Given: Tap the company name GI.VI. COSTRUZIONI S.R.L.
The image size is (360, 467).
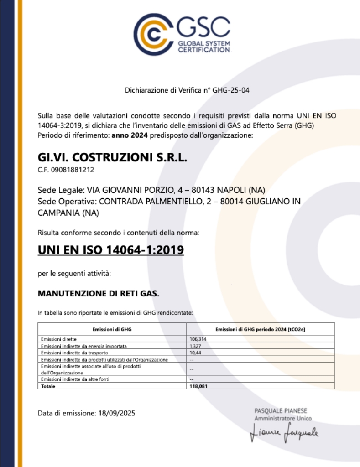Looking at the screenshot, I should (112, 158).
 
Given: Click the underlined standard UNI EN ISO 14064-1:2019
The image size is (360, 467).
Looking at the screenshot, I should (110, 250).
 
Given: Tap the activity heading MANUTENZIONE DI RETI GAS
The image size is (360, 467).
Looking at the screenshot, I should (99, 294).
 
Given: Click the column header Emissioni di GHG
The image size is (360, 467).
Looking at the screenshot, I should (112, 329).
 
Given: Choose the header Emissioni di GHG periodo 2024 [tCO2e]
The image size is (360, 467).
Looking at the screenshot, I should (260, 329).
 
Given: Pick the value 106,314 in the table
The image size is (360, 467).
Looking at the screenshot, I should (198, 339).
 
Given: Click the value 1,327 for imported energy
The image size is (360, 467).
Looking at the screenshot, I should (195, 346).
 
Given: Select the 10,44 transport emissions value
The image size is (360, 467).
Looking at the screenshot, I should (195, 353).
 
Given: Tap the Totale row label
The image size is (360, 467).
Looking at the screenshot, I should (48, 386).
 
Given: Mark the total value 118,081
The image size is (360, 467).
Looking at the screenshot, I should (198, 386).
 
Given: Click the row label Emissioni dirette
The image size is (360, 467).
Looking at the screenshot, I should (58, 339).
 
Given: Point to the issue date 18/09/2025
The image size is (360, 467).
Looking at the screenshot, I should (116, 414).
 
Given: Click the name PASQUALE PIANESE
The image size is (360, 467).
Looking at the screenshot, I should (281, 411).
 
